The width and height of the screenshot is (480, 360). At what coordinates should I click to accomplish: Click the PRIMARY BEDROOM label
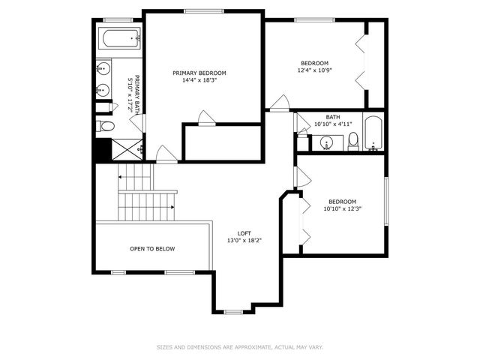(199, 73)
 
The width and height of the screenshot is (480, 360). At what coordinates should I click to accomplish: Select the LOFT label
(244, 233)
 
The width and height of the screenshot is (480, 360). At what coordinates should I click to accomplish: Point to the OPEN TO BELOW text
(152, 248)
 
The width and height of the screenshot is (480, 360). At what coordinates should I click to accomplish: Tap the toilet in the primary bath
(106, 126)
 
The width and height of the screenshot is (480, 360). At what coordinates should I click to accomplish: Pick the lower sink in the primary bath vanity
(103, 91)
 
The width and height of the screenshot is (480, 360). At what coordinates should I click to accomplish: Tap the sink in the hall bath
(327, 142)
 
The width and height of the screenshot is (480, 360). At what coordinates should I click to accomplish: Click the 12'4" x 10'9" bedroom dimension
(315, 70)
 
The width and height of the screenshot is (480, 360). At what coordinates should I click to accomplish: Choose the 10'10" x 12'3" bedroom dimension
(342, 208)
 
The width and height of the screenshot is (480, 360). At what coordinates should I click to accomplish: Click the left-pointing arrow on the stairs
(120, 176)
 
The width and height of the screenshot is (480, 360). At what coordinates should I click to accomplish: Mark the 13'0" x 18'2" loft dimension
(244, 241)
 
